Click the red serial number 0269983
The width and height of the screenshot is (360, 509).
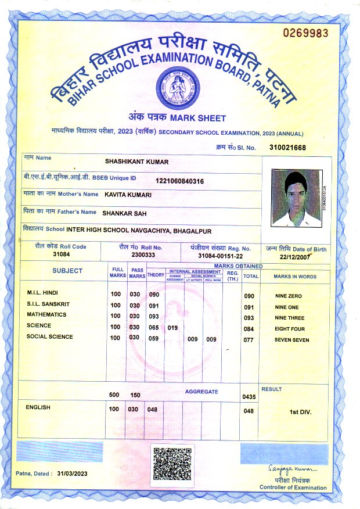(x=305, y=33)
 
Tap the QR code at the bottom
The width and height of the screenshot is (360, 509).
(x=171, y=463)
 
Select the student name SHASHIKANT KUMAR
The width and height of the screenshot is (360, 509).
(x=136, y=162)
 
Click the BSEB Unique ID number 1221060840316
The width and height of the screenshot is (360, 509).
(x=179, y=182)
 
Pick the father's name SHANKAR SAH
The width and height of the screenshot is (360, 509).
(x=124, y=213)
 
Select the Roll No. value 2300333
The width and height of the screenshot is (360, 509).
(x=143, y=254)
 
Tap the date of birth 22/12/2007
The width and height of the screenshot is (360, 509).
(x=296, y=256)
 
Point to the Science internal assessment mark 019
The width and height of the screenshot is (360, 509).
(x=172, y=328)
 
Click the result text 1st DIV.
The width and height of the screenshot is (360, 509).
(x=300, y=412)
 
